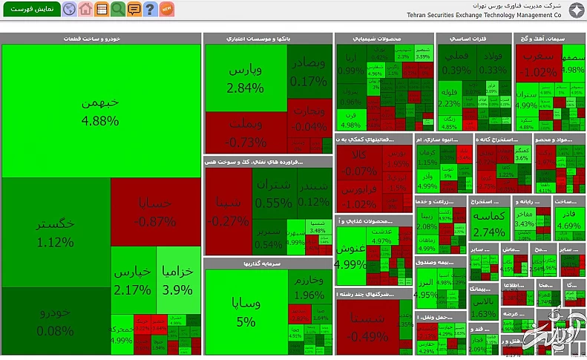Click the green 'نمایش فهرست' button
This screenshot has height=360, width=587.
point(30,10)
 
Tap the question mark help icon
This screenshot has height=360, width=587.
point(151,10)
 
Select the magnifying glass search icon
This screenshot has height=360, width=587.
point(118,10)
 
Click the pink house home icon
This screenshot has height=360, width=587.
point(86,10)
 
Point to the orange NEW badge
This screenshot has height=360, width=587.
point(167,9)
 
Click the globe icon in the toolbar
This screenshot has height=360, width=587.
point(70,10)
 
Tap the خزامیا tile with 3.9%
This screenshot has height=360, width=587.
point(177,280)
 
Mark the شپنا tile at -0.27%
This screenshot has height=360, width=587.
point(228,212)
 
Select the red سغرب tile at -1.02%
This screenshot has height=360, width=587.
point(540,65)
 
